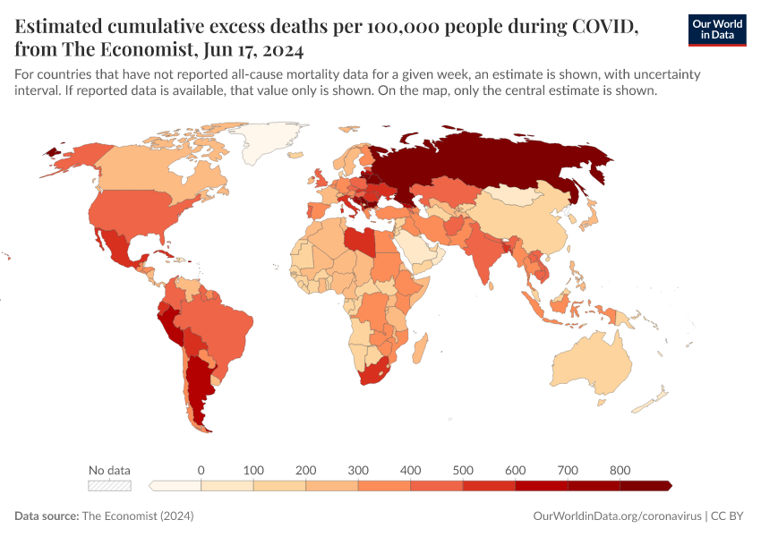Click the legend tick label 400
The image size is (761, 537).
point(410,470)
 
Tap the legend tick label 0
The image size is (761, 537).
point(201,470)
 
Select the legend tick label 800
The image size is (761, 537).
point(620,470)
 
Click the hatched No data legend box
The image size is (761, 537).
point(109,486)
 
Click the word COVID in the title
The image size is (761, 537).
point(600,27)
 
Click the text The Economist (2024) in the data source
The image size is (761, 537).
point(137,516)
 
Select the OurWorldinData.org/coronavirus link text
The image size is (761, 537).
point(617,516)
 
